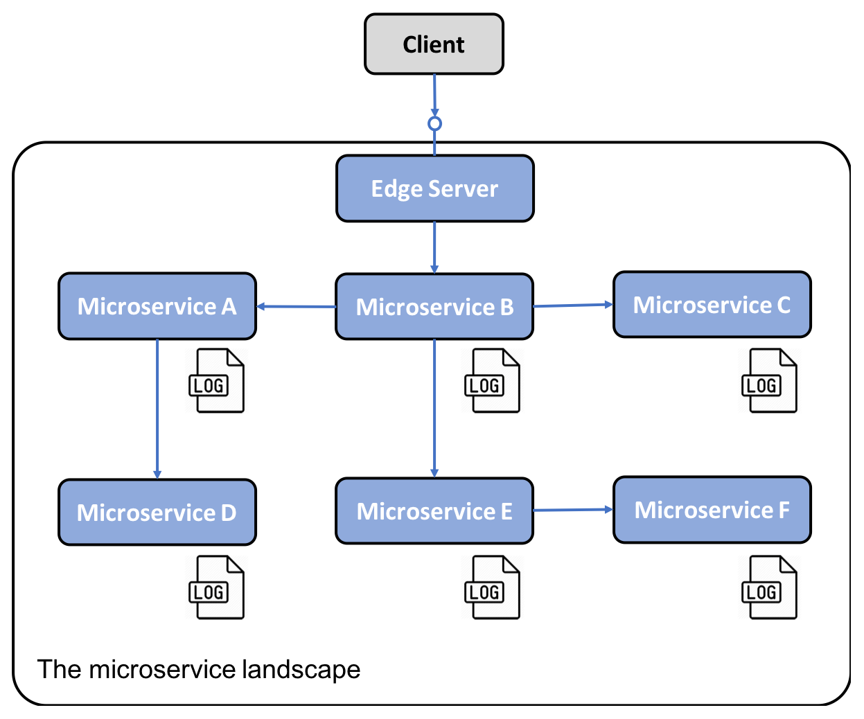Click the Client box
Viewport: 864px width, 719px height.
tap(434, 44)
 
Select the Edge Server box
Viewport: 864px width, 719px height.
tap(434, 188)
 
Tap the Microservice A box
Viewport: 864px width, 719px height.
tap(157, 306)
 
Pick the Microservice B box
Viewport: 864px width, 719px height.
tap(434, 307)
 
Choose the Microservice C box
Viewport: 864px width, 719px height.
tap(712, 305)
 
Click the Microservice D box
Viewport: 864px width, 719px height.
tap(157, 512)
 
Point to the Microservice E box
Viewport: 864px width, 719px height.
tap(434, 511)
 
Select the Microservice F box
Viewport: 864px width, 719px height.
tap(712, 510)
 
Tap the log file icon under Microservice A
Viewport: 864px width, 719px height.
tap(216, 380)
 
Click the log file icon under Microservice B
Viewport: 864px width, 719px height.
tap(493, 380)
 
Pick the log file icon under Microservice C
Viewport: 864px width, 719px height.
tap(769, 380)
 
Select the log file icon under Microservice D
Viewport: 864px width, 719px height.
tap(216, 587)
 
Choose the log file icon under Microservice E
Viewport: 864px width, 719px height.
tap(493, 587)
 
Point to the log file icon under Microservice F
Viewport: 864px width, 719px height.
tap(769, 587)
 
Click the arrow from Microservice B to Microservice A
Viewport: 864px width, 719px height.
tap(297, 307)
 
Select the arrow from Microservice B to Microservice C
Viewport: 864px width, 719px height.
tap(573, 305)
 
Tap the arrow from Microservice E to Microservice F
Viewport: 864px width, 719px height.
tap(573, 510)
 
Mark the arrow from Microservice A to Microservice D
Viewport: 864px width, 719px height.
tap(157, 409)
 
